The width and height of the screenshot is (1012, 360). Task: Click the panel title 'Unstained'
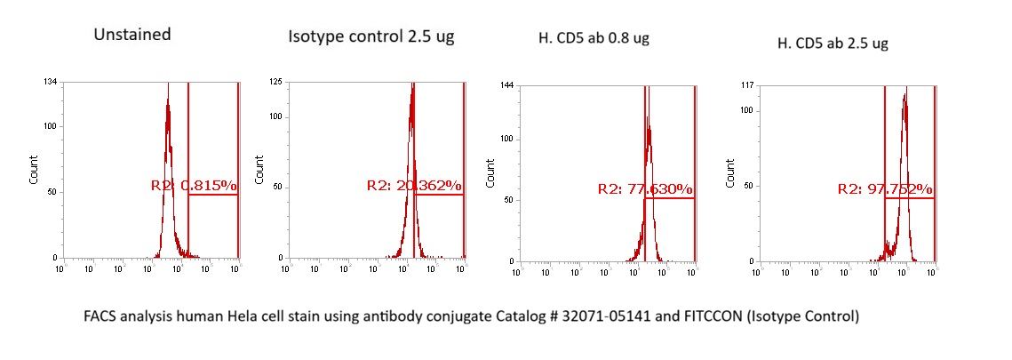pos(132,36)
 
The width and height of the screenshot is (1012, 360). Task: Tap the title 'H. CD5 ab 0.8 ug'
pos(594,40)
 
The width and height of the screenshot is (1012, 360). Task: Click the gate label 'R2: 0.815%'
pos(194,186)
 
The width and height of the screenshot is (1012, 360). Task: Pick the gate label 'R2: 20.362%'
pos(414,186)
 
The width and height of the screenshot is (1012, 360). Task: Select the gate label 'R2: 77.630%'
pos(645,189)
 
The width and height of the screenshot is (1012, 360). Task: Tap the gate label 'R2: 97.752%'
pos(885,189)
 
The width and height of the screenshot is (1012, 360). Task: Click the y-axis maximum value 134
pos(52,83)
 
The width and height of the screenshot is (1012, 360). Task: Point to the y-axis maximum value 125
pos(276,83)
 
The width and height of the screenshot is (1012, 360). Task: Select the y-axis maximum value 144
pos(507,86)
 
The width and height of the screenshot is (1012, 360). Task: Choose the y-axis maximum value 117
pos(746,86)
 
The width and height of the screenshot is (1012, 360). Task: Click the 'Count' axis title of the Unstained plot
pos(34,172)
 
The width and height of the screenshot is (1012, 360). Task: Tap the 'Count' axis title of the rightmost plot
pos(730,174)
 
